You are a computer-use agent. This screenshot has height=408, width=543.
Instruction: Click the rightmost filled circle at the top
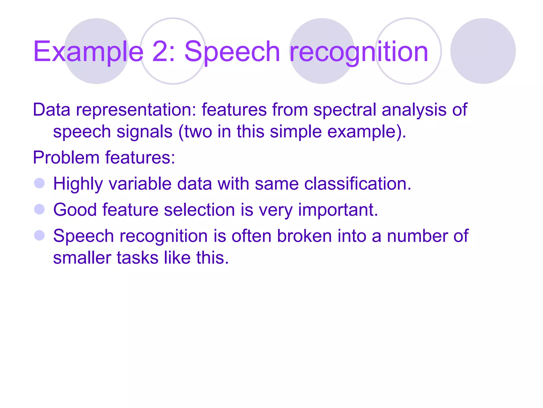[483, 51]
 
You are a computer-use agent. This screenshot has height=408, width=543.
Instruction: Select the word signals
[144, 132]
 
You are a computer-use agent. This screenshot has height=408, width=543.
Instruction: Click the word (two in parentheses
[195, 131]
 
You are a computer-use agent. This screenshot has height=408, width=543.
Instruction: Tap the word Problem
[66, 158]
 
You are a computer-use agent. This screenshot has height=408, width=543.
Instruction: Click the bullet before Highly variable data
[40, 183]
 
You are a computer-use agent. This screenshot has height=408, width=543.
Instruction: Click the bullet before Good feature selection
[40, 209]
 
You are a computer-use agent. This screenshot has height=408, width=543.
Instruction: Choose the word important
[338, 210]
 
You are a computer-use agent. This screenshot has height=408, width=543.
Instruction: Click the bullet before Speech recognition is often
[40, 235]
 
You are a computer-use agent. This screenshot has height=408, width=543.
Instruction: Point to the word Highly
[78, 184]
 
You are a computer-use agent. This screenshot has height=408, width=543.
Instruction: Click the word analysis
[414, 110]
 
